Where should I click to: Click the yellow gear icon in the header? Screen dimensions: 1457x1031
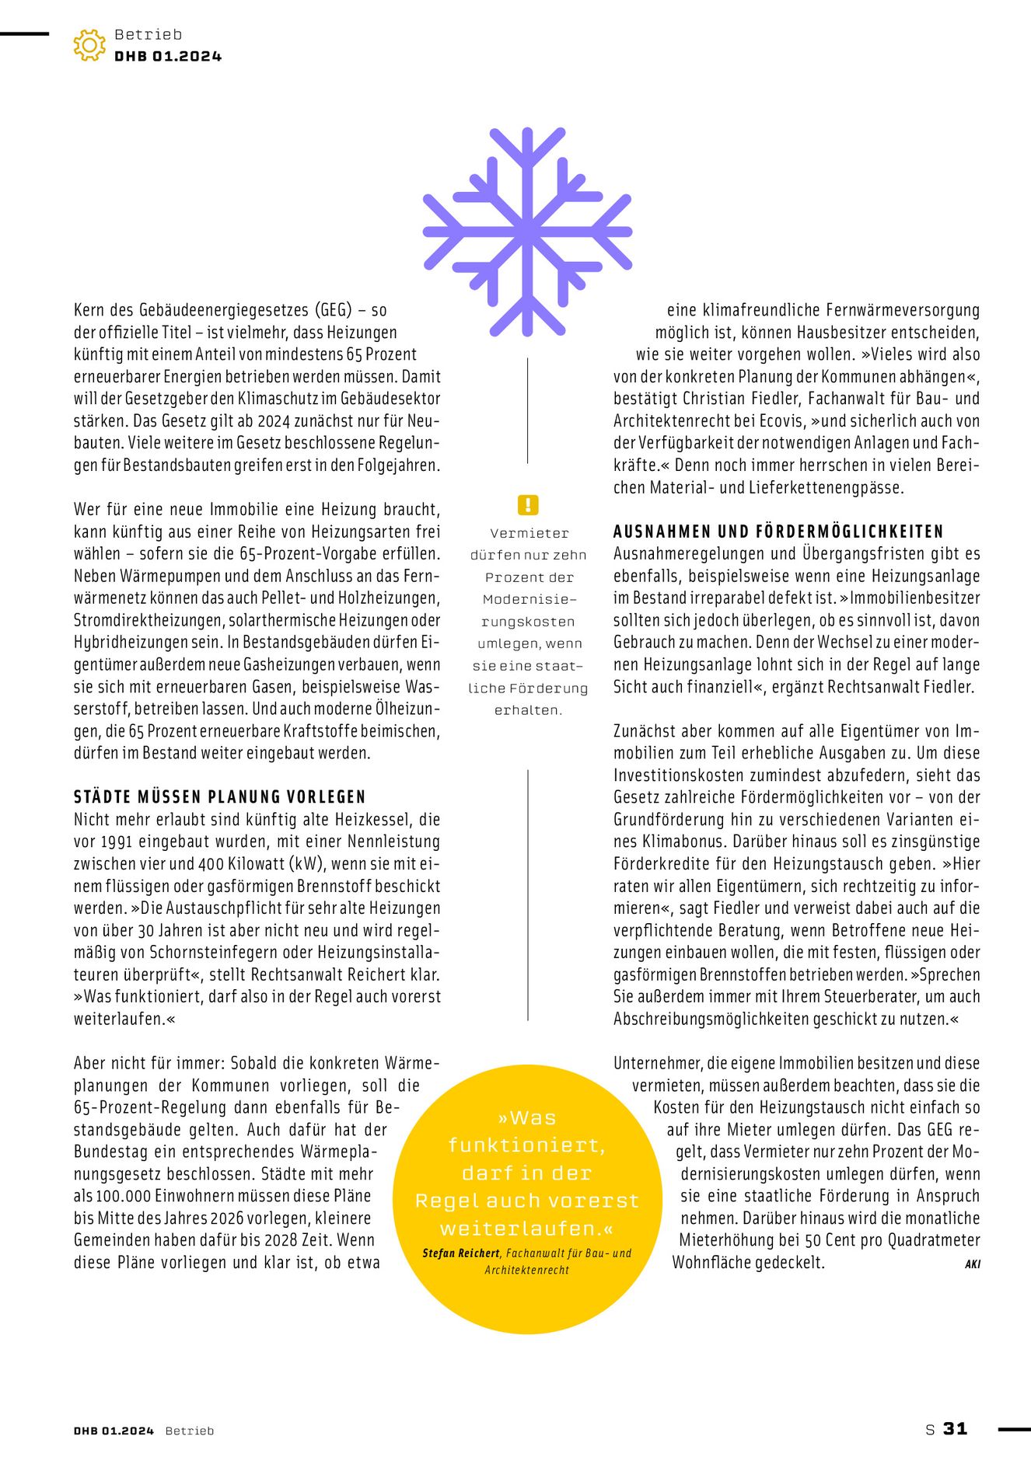(x=89, y=45)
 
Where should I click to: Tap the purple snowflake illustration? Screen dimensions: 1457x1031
(x=527, y=232)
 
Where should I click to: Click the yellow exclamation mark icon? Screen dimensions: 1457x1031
(x=527, y=505)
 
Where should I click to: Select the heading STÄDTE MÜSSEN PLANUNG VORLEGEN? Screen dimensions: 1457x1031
(x=219, y=796)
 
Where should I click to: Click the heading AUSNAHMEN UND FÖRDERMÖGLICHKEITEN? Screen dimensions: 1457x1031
(x=778, y=532)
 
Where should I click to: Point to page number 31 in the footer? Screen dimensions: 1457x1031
(x=955, y=1428)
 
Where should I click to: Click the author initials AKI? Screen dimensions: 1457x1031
(x=972, y=1264)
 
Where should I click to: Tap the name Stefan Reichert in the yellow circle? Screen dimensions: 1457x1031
(x=461, y=1253)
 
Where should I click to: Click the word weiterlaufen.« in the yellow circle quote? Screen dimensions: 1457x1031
(x=526, y=1229)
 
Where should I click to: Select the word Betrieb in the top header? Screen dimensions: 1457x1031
(x=148, y=34)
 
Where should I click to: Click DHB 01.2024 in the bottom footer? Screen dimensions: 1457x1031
(x=114, y=1431)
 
